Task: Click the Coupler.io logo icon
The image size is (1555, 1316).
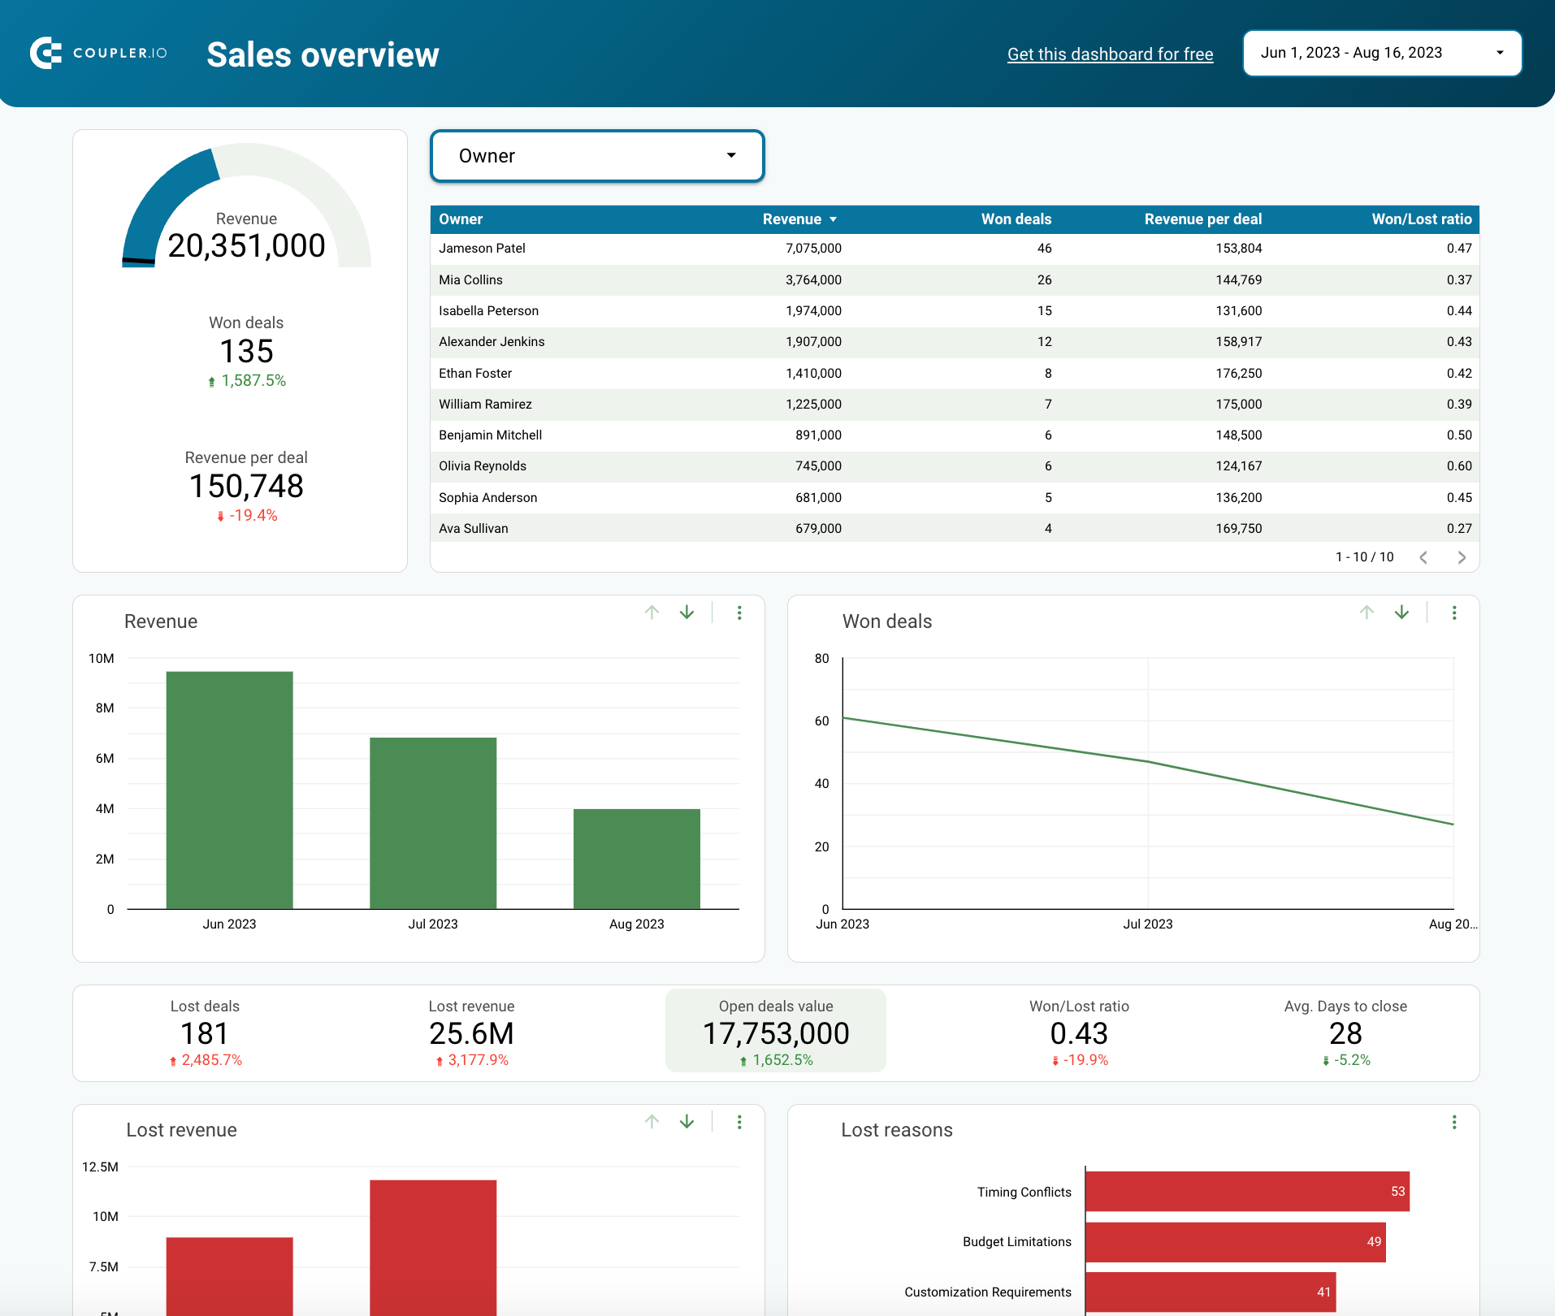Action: (x=46, y=53)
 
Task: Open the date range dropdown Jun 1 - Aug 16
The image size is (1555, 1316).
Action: (x=1381, y=53)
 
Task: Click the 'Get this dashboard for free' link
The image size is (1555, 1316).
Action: (x=1110, y=54)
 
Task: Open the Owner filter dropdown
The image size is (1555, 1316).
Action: (x=597, y=156)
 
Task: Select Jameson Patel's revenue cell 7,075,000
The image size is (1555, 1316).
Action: (x=813, y=249)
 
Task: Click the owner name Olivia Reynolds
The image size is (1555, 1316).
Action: (x=483, y=466)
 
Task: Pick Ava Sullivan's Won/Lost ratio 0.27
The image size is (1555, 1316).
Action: (x=1458, y=529)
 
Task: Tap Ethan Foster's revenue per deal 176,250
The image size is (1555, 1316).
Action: (x=1238, y=374)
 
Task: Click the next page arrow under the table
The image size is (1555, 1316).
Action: (x=1461, y=557)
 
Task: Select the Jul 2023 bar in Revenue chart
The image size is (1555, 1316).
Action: (x=433, y=822)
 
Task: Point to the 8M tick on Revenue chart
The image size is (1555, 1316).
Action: (x=105, y=708)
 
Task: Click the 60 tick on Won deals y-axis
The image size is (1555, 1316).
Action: (x=821, y=721)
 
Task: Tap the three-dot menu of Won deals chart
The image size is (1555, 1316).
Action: (x=1453, y=613)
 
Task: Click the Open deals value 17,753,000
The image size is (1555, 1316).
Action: (x=775, y=1033)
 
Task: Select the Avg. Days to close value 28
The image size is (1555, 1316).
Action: (x=1345, y=1033)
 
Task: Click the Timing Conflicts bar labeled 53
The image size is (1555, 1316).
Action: (x=1246, y=1192)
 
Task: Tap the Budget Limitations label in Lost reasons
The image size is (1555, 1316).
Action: (x=1016, y=1242)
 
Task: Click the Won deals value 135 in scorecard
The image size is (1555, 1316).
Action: (x=246, y=352)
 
